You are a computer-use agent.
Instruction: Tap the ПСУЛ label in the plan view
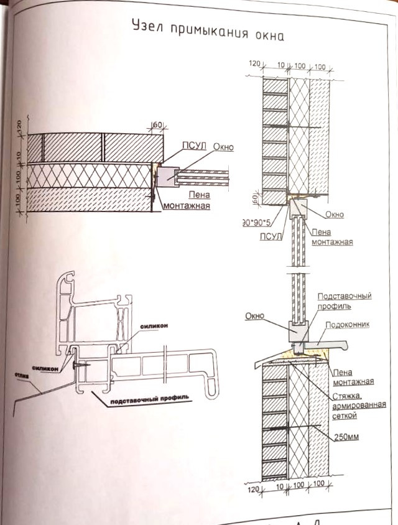[192, 147]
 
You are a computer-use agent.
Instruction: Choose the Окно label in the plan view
[223, 147]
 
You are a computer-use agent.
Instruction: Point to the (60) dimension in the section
[254, 198]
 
